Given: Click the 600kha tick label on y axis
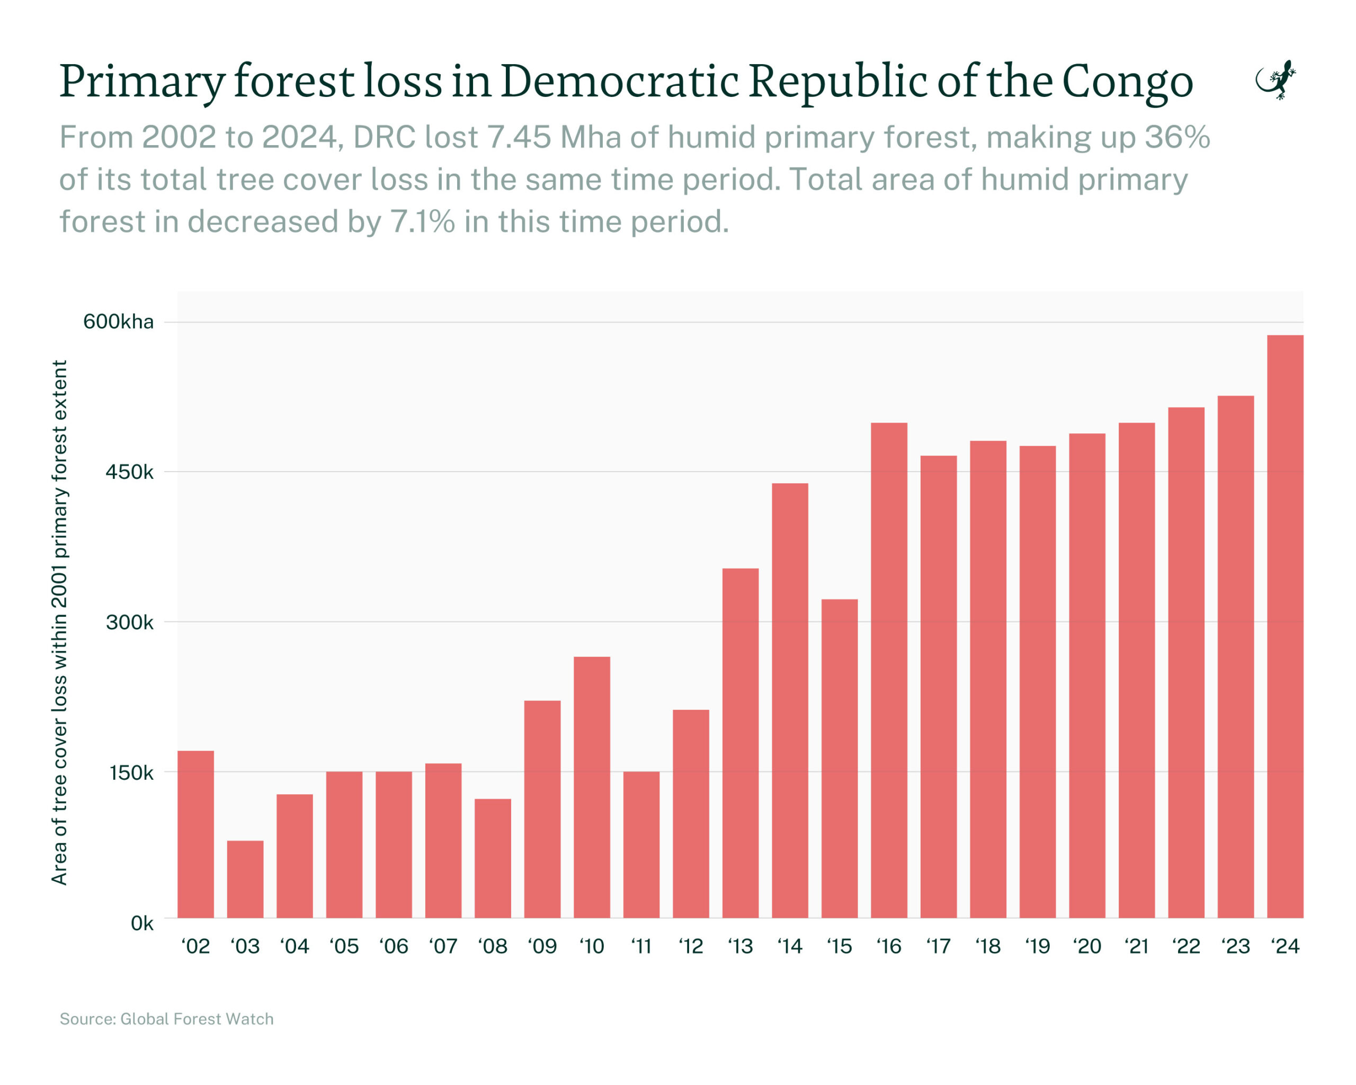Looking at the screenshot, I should [118, 322].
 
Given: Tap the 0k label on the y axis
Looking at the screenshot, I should [141, 923].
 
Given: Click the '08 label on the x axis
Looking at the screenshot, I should [493, 946].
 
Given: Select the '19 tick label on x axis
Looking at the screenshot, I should [1037, 946].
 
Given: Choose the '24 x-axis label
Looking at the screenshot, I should [1284, 946].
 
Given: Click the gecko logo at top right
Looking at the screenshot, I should [1275, 80].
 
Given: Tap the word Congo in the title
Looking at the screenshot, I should [1127, 82].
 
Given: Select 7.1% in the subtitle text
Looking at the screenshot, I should [422, 221].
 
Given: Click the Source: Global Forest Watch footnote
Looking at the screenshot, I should [167, 1018].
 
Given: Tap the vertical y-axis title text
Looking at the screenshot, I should [59, 622].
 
